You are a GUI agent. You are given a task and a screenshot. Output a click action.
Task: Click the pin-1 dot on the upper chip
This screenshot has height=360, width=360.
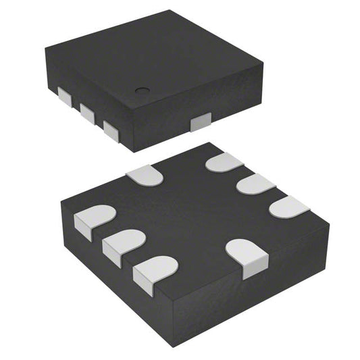[x=142, y=91]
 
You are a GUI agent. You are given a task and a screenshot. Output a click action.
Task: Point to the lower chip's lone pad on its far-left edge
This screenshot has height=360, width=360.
[x=145, y=176]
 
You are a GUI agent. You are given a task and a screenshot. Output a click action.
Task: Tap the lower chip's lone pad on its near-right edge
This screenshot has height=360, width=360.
[x=244, y=257]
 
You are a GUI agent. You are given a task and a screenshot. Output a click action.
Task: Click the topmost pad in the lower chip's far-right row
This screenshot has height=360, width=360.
[x=224, y=163]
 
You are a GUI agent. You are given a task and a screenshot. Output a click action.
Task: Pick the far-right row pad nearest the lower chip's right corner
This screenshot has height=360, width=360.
[x=288, y=207]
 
